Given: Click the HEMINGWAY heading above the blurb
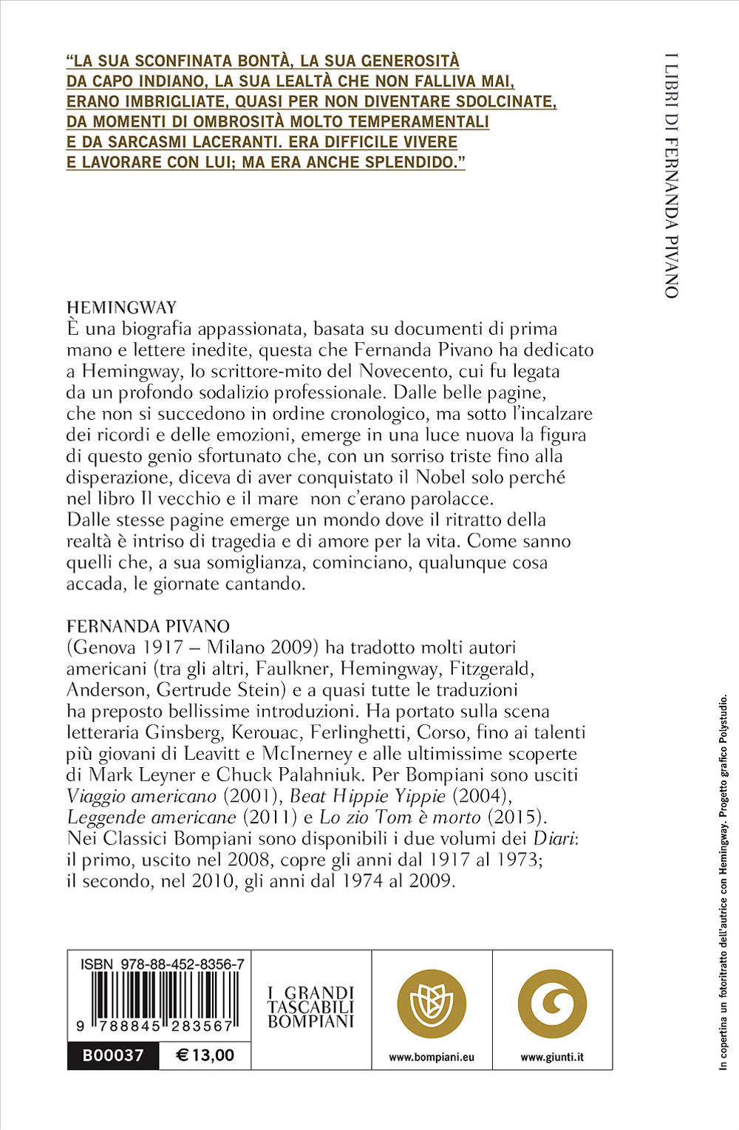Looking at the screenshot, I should pos(121,307).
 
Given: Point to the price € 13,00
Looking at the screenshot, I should pos(205,1055).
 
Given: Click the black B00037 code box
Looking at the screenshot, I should pos(113,1055).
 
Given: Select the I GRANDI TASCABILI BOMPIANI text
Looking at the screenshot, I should pos(311,1007).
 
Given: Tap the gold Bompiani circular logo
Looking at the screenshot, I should pos(432,1004).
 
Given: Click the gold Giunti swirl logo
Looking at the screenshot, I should pos(552,1004).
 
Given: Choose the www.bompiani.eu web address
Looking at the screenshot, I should pos(432,1058).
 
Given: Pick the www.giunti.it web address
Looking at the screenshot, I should pos(552,1058).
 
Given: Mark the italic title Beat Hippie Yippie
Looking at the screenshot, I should pos(367,796).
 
